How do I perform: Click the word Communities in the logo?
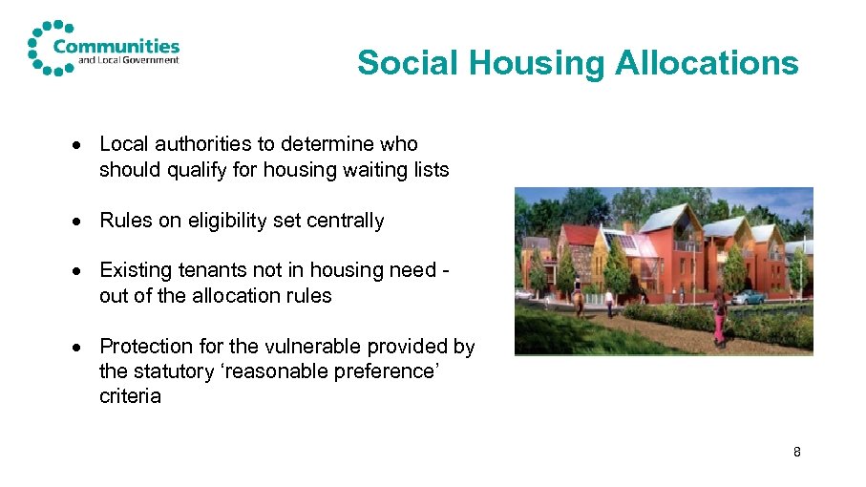coord(116,45)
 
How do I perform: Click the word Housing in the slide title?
coord(536,63)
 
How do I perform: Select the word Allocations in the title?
coord(706,63)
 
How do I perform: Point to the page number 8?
coord(796,451)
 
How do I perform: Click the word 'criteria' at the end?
coord(130,395)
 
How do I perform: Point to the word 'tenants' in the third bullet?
coord(204,271)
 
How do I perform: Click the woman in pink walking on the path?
coord(717,317)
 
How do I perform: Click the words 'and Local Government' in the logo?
coord(116,60)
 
